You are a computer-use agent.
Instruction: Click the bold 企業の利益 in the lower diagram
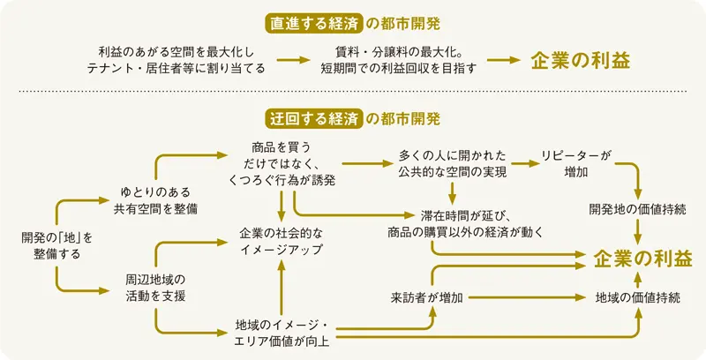pos(643,258)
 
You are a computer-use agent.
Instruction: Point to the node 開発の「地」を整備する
pos(56,245)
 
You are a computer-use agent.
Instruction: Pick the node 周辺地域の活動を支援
pos(154,287)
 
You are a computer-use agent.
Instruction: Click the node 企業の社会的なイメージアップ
pos(281,241)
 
